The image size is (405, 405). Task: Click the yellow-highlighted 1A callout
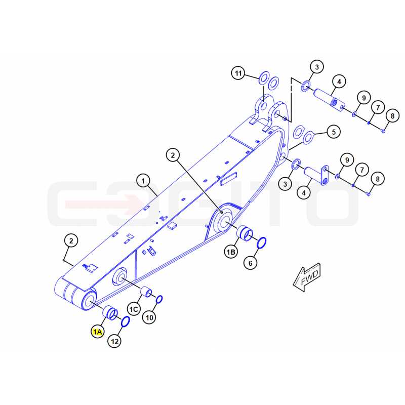[x=98, y=332]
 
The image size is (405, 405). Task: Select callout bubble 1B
[x=231, y=252]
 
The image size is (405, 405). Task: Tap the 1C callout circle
[x=134, y=309]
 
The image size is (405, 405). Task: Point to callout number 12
[x=114, y=341]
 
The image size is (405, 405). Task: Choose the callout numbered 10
[x=149, y=317]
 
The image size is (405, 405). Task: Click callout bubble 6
[x=250, y=263]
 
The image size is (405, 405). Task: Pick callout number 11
[x=238, y=73]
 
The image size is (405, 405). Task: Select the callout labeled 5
[x=334, y=132]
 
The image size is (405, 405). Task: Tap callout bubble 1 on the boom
[x=143, y=181]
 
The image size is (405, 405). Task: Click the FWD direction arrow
[x=307, y=277]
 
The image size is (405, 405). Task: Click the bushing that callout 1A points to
[x=110, y=312]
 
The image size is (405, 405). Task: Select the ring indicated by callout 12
[x=125, y=321]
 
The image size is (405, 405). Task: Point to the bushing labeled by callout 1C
[x=146, y=292]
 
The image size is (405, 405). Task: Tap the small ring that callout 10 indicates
[x=159, y=300]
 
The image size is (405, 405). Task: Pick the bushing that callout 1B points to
[x=245, y=233]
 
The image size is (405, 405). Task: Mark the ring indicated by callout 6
[x=262, y=242]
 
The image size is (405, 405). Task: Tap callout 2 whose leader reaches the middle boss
[x=173, y=155]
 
